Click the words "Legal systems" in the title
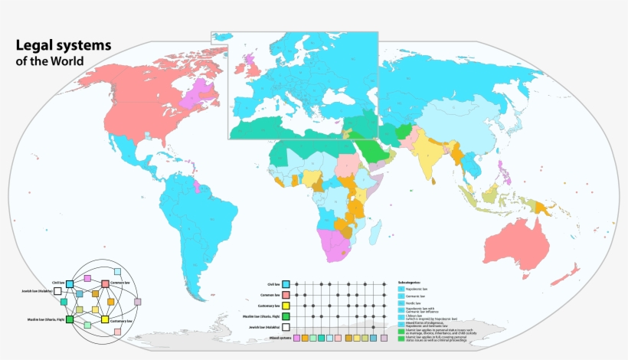click(64, 45)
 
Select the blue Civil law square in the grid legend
click(285, 283)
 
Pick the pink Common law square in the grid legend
click(285, 294)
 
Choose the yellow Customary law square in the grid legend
click(285, 305)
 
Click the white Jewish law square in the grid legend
click(285, 326)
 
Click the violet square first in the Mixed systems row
click(296, 337)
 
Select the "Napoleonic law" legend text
click(418, 289)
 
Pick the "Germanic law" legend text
click(417, 296)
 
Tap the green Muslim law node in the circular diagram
click(70, 319)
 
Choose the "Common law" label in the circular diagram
click(123, 283)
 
